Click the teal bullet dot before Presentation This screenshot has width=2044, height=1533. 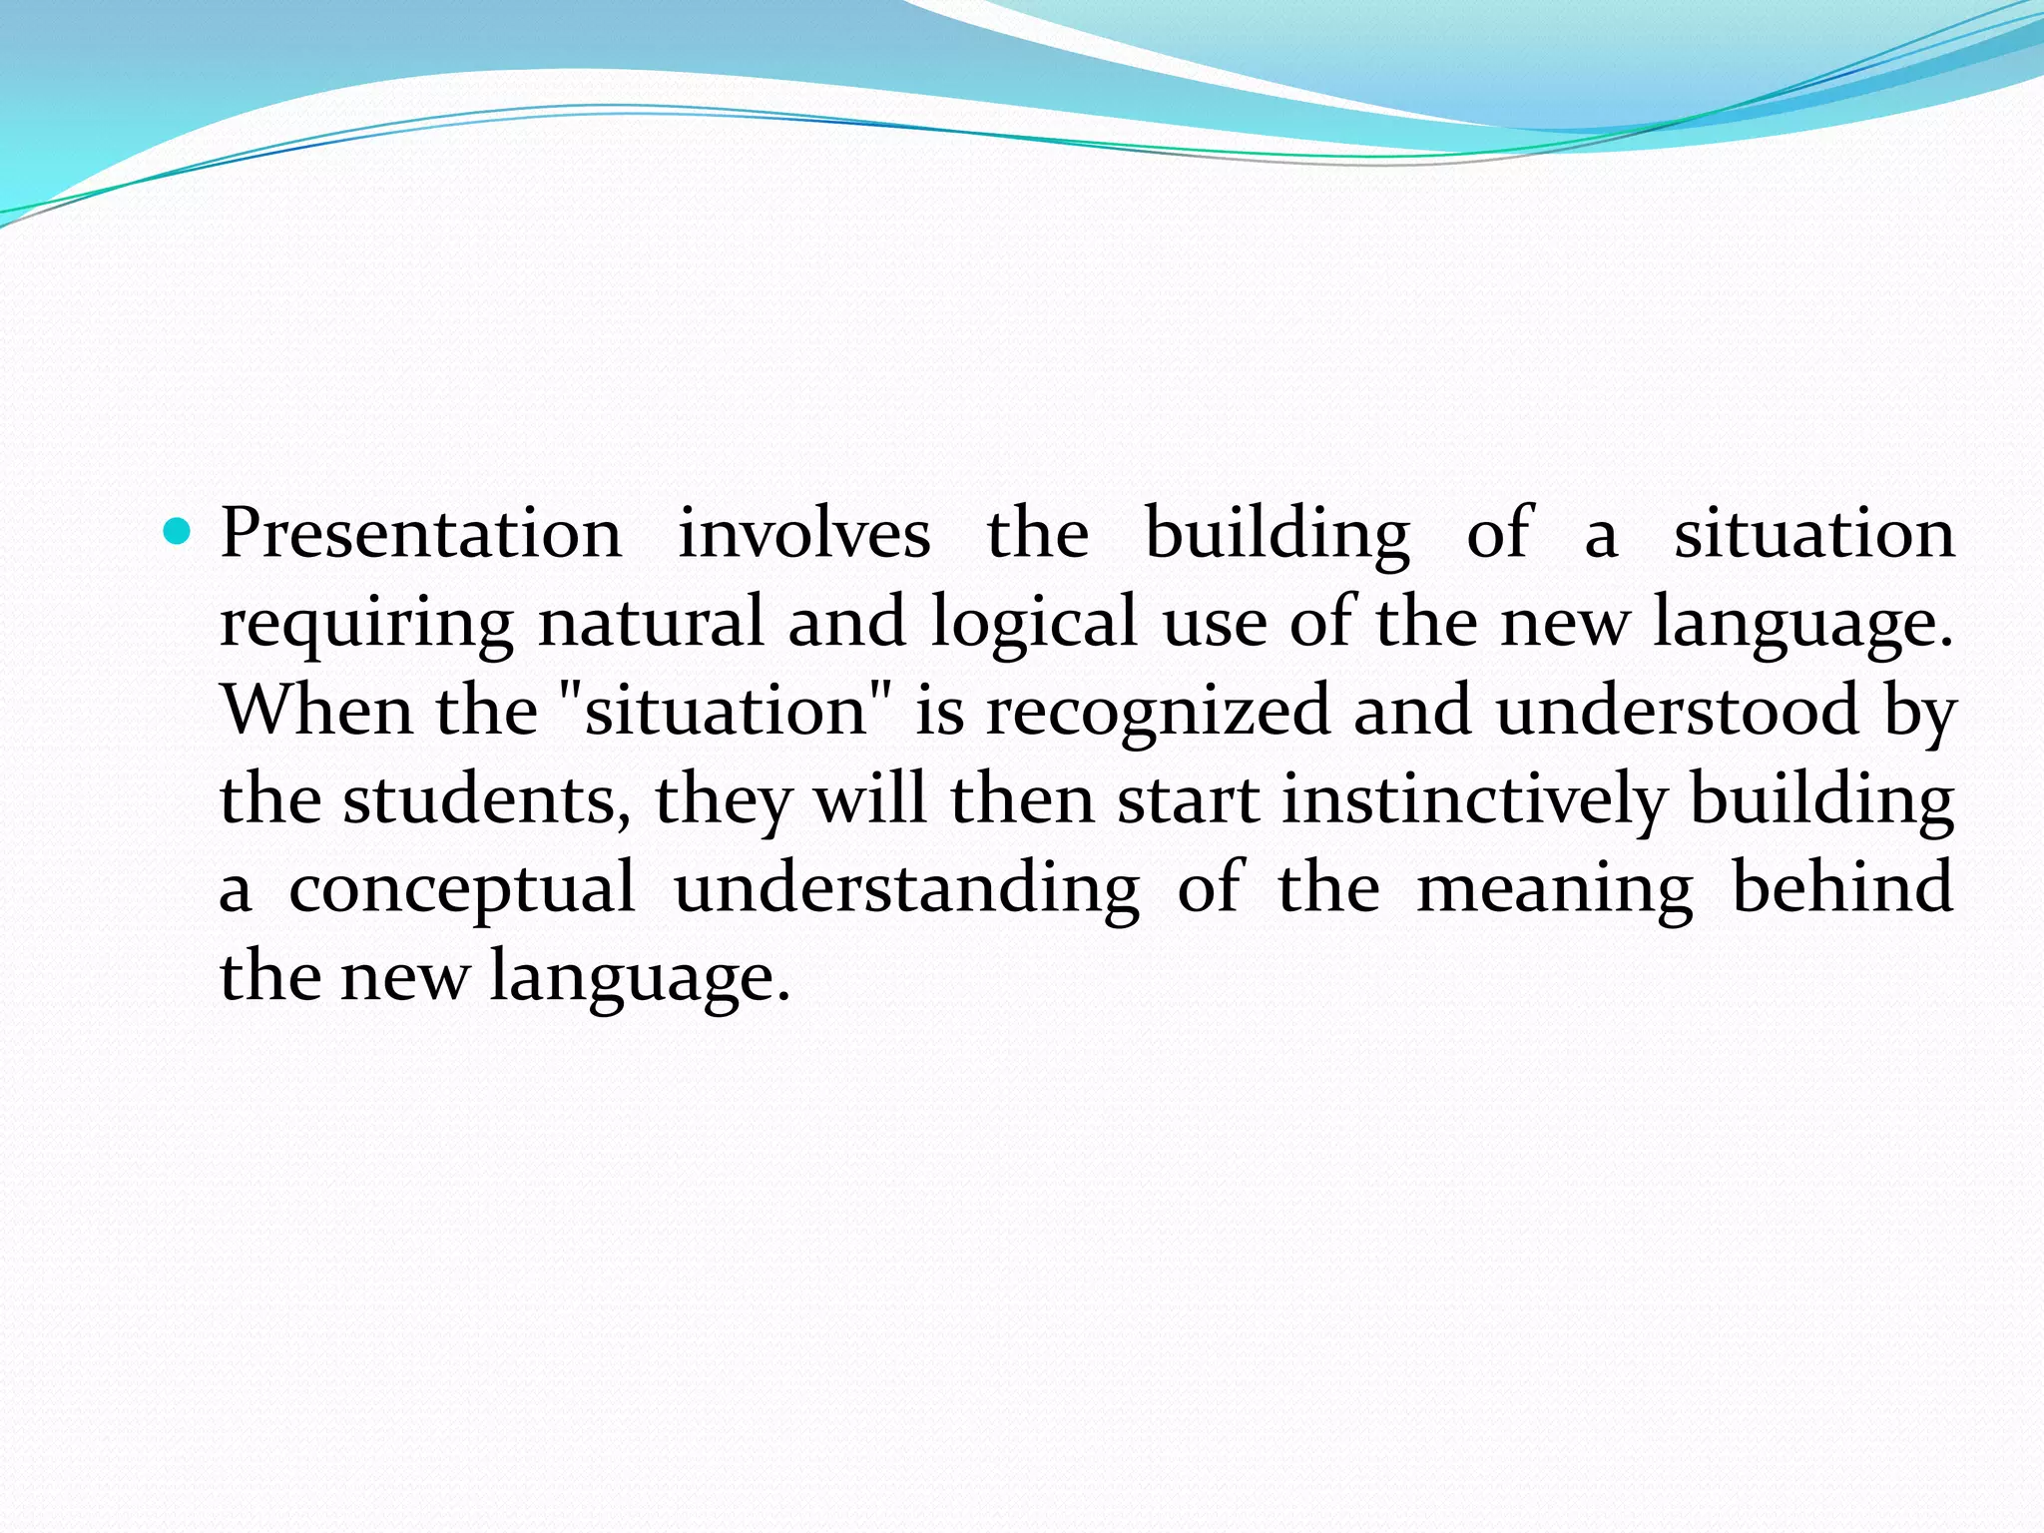176,532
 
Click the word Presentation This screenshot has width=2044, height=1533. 420,534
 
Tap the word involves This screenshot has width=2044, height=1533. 804,534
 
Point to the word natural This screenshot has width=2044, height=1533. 651,622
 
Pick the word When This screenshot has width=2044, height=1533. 316,710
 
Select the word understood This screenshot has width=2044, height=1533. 1678,710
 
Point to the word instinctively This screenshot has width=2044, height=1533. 1474,799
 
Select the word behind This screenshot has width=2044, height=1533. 1842,887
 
